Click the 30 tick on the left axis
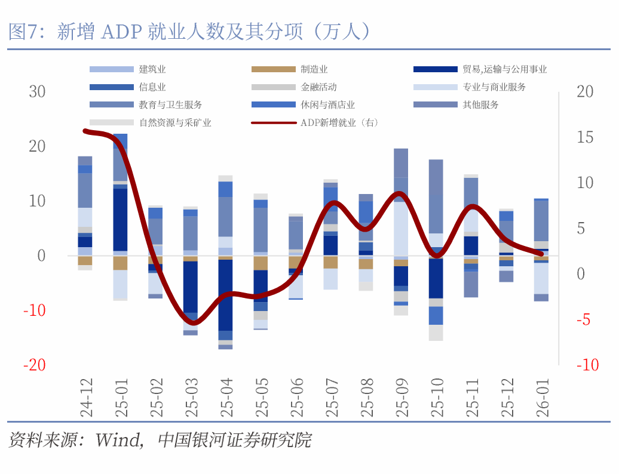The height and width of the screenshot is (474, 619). pos(37,91)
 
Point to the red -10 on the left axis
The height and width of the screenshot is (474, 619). pos(34,310)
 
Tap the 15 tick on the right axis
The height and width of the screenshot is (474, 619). pos(585,137)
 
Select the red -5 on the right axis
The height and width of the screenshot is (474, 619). pos(584,319)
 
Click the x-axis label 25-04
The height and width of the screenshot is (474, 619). pos(226,396)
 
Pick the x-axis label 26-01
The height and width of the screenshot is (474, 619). pos(541,396)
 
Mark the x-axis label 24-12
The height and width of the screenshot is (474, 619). pos(85,396)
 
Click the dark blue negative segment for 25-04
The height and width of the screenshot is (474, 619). pos(225,295)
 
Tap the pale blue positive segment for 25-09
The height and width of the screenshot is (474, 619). pos(401,229)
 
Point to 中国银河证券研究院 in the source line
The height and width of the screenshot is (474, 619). pos(235,441)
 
